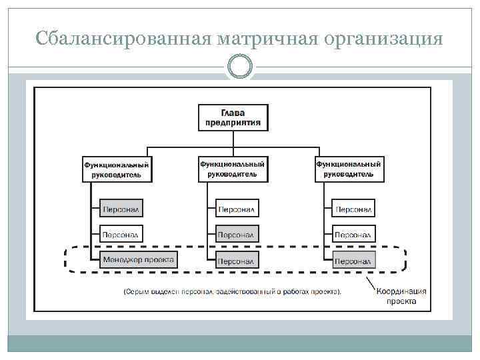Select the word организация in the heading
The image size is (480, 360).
[x=381, y=39]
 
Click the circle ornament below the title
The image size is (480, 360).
[x=240, y=66]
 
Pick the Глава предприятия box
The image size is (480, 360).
[x=233, y=117]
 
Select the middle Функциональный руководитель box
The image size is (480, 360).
[x=233, y=169]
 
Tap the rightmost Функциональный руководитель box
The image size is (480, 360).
[x=349, y=169]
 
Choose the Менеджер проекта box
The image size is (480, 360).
[x=139, y=259]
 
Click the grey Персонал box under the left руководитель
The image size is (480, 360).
[x=121, y=209]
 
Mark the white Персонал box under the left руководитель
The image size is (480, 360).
[x=121, y=234]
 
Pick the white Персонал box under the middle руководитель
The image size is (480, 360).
[x=237, y=209]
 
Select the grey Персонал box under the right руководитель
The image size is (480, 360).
[x=354, y=260]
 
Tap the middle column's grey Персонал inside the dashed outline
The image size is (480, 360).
[x=237, y=260]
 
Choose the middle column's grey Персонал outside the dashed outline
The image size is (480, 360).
[x=237, y=234]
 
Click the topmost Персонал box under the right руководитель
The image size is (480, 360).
[x=354, y=209]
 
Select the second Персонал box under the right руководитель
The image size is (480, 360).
[x=354, y=234]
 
